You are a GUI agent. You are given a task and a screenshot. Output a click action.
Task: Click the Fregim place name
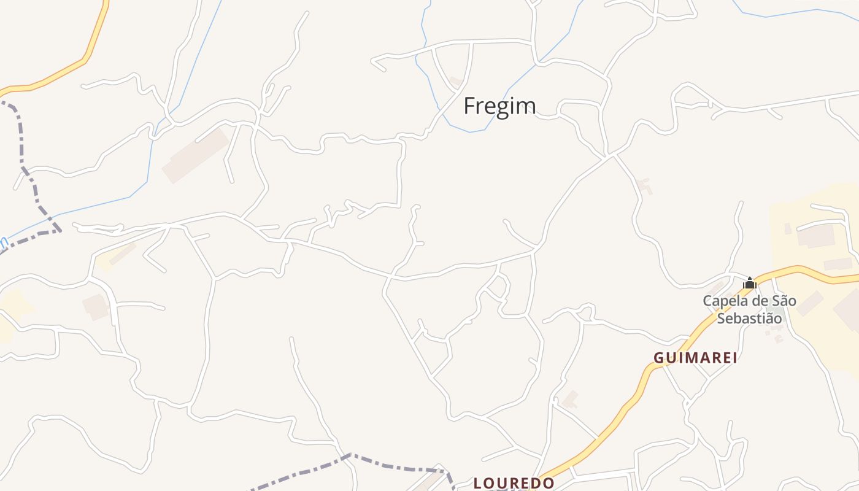tap(499, 106)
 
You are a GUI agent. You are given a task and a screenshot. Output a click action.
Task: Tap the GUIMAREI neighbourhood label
tap(695, 358)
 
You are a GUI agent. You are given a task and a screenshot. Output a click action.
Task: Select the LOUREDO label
tap(514, 483)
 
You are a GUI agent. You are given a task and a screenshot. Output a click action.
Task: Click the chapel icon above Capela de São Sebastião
tap(749, 283)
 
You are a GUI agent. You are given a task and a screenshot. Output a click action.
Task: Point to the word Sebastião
tap(750, 319)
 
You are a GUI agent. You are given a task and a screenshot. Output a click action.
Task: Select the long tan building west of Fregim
tap(195, 155)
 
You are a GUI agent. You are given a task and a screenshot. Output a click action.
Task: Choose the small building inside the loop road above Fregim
tap(455, 81)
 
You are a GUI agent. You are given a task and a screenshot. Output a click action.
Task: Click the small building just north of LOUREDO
tap(570, 399)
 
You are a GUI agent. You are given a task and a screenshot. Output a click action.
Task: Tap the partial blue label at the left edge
tap(3, 244)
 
